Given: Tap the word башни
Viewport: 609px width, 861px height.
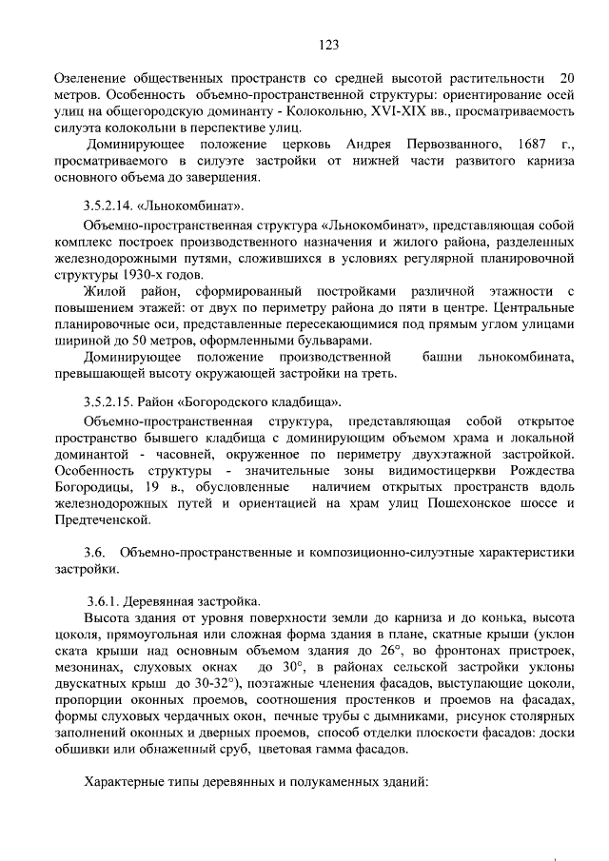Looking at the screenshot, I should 447,358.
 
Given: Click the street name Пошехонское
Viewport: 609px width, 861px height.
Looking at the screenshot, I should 461,504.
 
